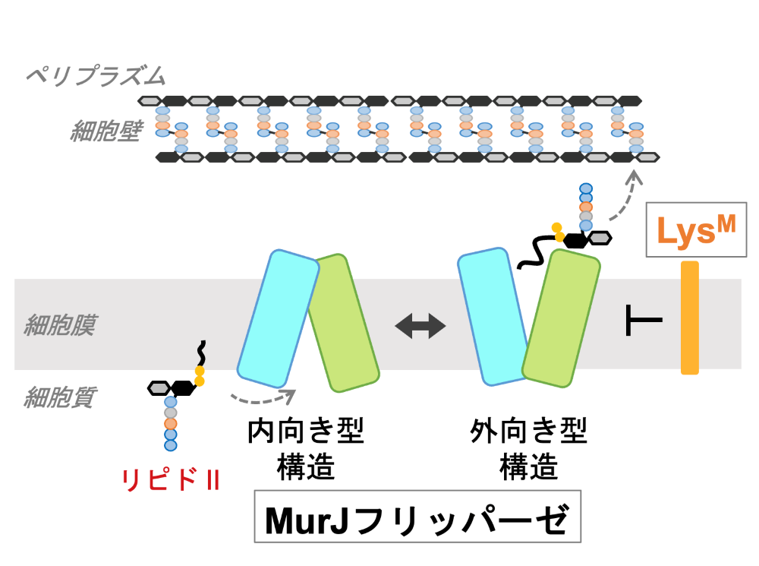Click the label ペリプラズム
pyautogui.click(x=94, y=75)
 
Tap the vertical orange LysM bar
pyautogui.click(x=689, y=318)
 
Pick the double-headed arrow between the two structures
pyautogui.click(x=421, y=326)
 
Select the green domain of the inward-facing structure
pyautogui.click(x=343, y=323)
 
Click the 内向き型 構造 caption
pyautogui.click(x=306, y=448)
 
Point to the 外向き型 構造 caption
pyautogui.click(x=529, y=448)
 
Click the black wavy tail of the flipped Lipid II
pyautogui.click(x=536, y=251)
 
